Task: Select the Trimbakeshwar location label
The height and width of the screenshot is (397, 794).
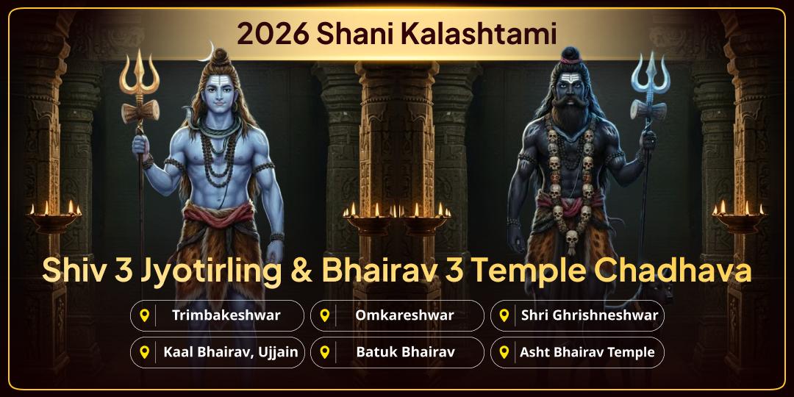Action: (x=226, y=315)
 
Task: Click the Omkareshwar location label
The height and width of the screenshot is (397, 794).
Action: (x=404, y=315)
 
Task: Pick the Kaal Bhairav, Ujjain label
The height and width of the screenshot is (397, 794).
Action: (x=230, y=352)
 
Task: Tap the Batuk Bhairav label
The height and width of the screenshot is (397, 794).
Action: (x=405, y=352)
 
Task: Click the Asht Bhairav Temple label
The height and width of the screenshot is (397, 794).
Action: (x=587, y=352)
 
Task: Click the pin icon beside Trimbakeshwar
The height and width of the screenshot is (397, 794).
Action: (x=145, y=315)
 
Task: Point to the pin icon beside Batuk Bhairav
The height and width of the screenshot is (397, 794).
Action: (x=324, y=352)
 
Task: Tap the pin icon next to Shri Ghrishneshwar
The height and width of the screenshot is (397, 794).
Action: (x=504, y=315)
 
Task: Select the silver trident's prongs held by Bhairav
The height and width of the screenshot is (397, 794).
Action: (x=656, y=74)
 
